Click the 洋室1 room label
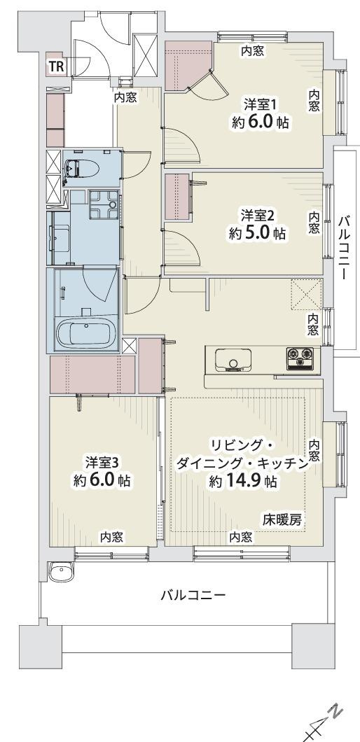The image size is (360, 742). pos(261,105)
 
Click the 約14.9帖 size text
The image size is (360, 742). pos(243,482)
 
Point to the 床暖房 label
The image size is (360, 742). pos(282,519)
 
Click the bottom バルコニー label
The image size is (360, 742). pos(193,596)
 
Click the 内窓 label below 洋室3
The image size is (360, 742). pos(111,537)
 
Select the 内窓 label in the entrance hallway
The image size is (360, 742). pos(125,98)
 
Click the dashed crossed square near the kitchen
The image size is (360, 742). pos(305,293)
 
